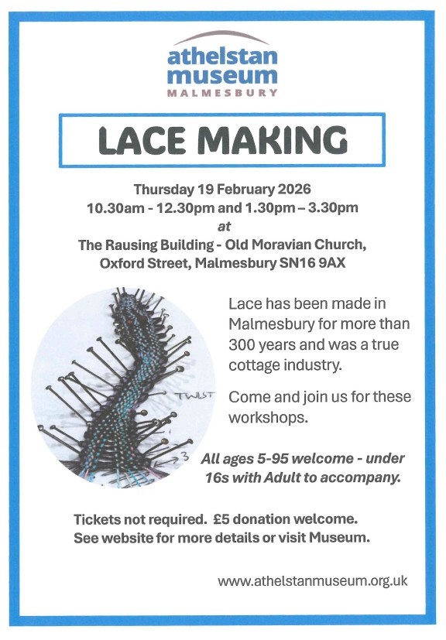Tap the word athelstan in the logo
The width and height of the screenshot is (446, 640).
(223, 56)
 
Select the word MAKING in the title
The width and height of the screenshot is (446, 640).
(276, 139)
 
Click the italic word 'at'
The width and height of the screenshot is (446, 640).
(223, 226)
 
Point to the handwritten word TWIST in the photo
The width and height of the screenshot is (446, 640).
(194, 395)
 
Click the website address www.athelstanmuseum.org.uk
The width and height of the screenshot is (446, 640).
(312, 580)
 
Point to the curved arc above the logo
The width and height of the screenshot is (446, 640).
(223, 36)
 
